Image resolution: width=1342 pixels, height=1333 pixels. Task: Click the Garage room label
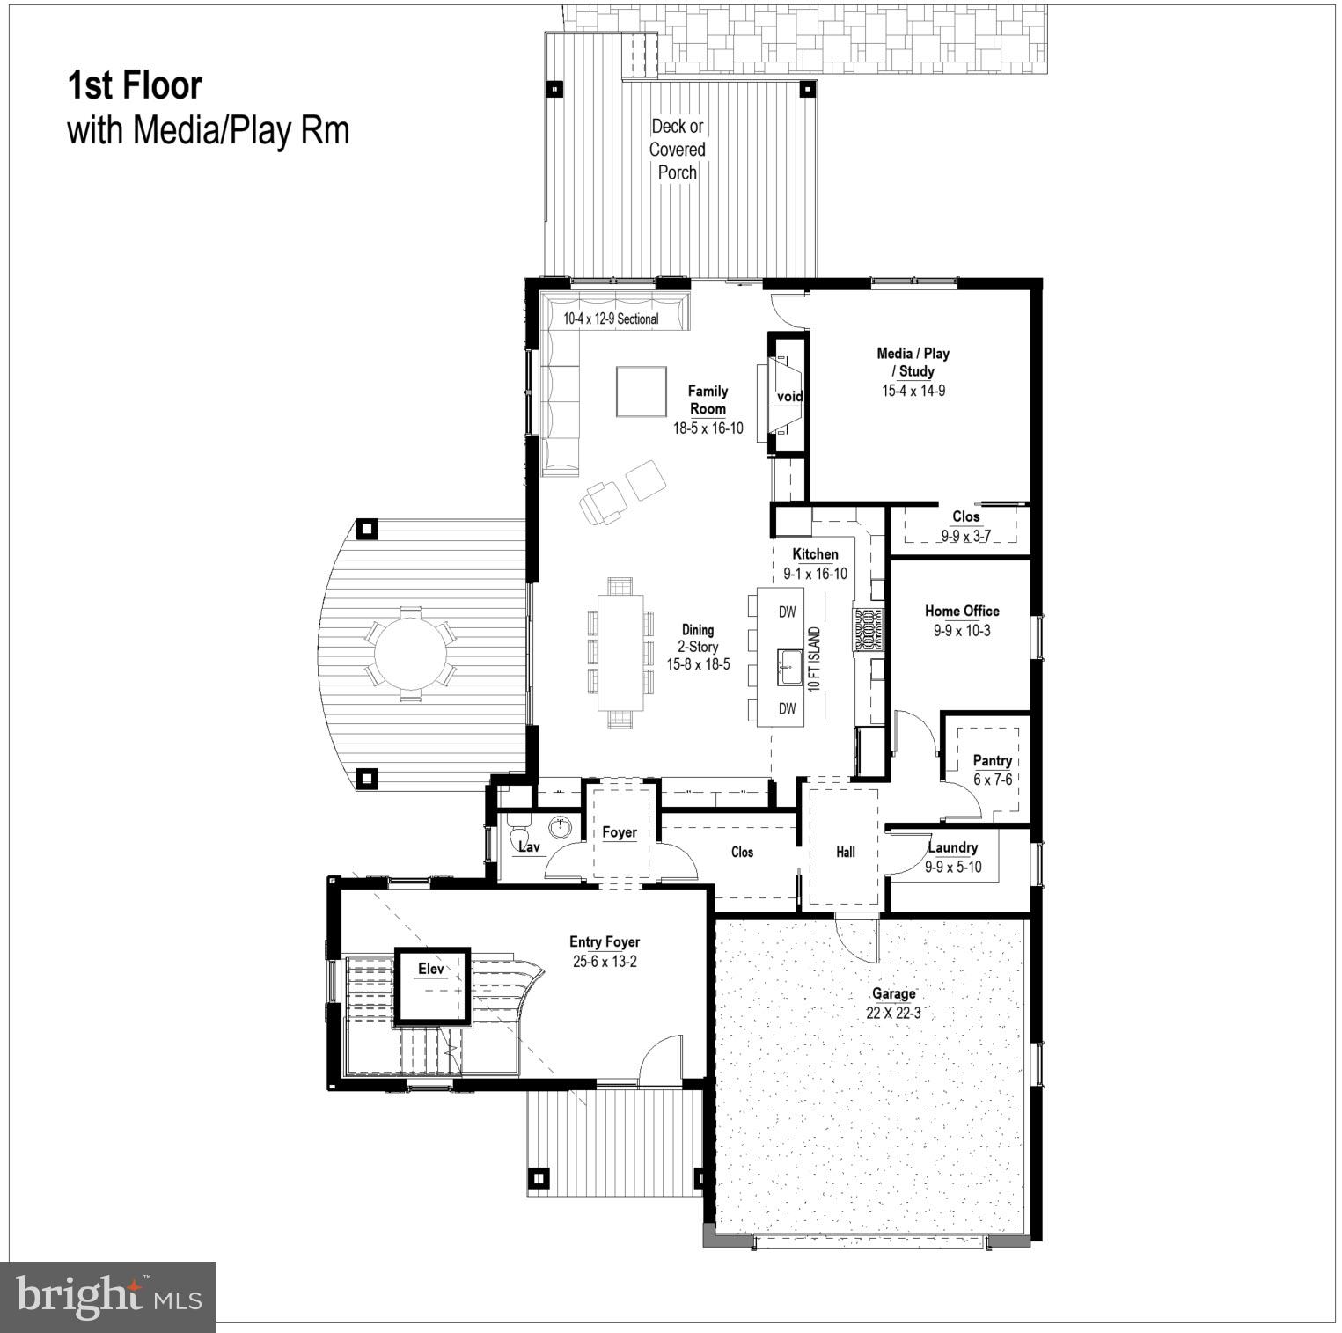pos(893,994)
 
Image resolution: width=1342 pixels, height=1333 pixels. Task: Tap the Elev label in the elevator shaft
pos(431,969)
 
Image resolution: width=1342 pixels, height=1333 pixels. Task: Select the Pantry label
pos(992,760)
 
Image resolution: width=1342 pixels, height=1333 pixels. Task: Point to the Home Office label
pos(962,611)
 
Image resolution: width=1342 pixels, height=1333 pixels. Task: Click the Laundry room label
pos(953,847)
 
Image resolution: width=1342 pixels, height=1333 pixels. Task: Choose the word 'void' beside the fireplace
pos(789,397)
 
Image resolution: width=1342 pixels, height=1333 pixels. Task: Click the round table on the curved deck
pos(411,653)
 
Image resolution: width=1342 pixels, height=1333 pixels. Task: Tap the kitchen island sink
pos(788,666)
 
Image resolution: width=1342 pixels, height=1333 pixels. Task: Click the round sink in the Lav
pos(561,827)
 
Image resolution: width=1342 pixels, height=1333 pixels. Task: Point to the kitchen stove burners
pos(868,630)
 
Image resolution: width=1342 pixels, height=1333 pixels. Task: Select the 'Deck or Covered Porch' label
pos(678,150)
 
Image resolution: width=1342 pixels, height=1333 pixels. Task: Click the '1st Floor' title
pos(135,86)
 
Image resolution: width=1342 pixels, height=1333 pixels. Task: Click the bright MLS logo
pos(109,1296)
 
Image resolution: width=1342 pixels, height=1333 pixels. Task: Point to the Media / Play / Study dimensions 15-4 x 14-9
pos(913,391)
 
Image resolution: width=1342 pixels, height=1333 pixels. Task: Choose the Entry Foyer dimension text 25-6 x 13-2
pos(605,962)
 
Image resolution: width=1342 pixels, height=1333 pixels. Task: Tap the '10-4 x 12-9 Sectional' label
pos(611,319)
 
